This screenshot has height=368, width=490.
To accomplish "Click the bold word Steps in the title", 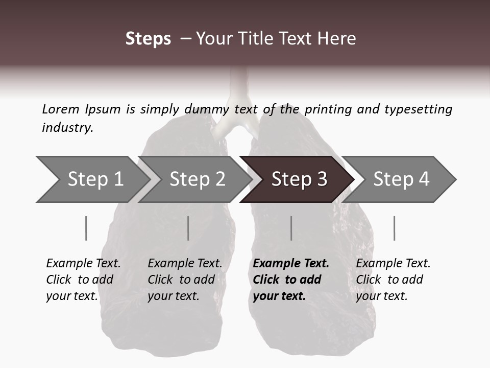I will (148, 39).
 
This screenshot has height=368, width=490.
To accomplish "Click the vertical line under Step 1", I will (86, 228).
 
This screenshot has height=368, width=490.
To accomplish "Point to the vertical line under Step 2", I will (188, 228).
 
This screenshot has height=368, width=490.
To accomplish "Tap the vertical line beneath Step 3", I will (291, 228).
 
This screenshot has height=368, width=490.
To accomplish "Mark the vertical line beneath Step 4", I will (395, 228).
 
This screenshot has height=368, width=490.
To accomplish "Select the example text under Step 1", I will (83, 280).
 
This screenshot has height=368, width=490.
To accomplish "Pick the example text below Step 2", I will (185, 280).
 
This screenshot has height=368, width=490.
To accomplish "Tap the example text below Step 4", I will (393, 280).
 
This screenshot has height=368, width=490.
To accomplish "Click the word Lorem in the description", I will (60, 109).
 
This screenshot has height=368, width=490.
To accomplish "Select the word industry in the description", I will (66, 128).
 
